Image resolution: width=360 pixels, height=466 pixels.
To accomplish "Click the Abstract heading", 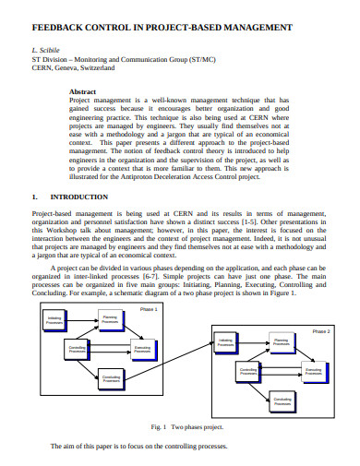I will pyautogui.click(x=85, y=91).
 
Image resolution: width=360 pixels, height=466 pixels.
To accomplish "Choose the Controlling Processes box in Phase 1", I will pyautogui.click(x=78, y=349).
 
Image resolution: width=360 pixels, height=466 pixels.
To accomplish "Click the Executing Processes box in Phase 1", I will pyautogui.click(x=142, y=349).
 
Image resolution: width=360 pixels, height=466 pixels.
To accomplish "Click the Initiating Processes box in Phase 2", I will pyautogui.click(x=224, y=341).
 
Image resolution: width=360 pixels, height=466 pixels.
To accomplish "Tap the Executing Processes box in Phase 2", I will pyautogui.click(x=312, y=371).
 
